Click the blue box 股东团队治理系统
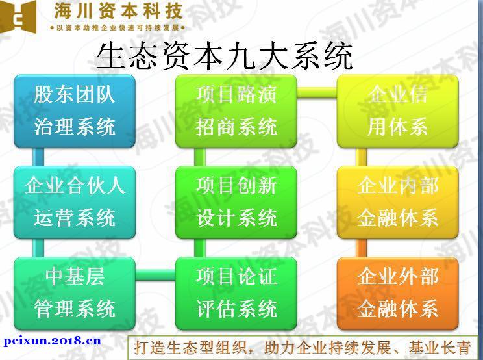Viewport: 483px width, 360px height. (x=75, y=111)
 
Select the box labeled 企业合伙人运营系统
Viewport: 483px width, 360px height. (x=75, y=202)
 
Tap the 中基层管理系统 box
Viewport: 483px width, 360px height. (x=75, y=294)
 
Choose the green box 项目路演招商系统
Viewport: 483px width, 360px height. (x=236, y=111)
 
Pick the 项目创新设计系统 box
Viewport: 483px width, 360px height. (x=236, y=202)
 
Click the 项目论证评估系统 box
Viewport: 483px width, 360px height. (x=236, y=294)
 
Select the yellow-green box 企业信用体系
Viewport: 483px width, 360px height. (x=398, y=111)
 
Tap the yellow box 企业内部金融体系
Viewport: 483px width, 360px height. (x=398, y=202)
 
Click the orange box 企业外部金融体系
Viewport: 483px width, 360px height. (x=398, y=294)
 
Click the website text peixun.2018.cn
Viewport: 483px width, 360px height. (x=53, y=341)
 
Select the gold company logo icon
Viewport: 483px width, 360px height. (x=18, y=17)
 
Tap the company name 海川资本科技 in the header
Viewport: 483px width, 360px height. (x=118, y=12)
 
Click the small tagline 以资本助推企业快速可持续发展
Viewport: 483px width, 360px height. (x=118, y=28)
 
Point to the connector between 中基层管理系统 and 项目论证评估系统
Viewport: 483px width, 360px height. (x=155, y=275)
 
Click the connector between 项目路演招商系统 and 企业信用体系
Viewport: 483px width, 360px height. (x=317, y=92)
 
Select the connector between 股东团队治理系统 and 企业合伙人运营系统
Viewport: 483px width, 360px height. (x=38, y=157)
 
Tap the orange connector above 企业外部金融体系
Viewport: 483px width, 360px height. (x=362, y=248)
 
